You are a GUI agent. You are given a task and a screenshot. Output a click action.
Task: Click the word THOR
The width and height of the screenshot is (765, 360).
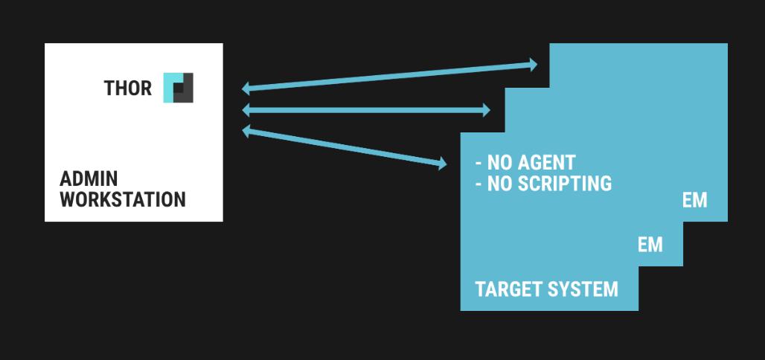pos(127,89)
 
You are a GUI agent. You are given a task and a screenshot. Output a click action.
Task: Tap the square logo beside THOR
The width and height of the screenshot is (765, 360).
pos(178,88)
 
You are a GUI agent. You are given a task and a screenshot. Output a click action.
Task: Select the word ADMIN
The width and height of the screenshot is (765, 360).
pos(89,179)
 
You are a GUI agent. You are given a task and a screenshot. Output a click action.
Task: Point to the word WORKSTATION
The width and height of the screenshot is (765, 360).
pos(123,199)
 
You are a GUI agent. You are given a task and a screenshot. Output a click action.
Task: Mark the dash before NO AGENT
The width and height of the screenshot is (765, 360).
pos(478,163)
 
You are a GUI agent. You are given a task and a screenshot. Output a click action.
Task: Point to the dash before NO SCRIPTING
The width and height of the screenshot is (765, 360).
pos(478,184)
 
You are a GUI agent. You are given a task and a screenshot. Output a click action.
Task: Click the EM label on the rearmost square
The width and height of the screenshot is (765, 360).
pos(694,200)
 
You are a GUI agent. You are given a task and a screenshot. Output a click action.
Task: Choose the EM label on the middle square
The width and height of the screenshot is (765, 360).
pos(650,245)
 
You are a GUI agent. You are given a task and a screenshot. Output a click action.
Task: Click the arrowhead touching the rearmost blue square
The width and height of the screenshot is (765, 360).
pos(532,65)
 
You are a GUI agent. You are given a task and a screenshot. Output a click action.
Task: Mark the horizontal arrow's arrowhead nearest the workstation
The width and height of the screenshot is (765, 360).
pos(247,111)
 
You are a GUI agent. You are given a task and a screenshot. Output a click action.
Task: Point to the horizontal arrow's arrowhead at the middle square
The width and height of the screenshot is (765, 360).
pos(486,110)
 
